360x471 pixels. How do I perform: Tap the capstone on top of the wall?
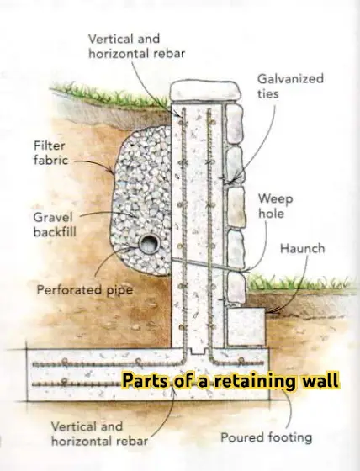pyautogui.click(x=205, y=93)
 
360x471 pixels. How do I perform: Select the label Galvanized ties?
pyautogui.click(x=290, y=86)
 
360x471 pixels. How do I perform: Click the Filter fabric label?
pyautogui.click(x=50, y=153)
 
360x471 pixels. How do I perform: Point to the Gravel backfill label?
pyautogui.click(x=55, y=225)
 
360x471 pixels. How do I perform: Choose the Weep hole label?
pyautogui.click(x=275, y=206)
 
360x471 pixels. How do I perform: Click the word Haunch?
pyautogui.click(x=302, y=249)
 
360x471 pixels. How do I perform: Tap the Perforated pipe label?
pyautogui.click(x=85, y=290)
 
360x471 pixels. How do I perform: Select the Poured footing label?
pyautogui.click(x=267, y=437)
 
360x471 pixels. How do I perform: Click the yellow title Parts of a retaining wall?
pyautogui.click(x=230, y=380)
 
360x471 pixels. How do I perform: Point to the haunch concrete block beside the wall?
pyautogui.click(x=246, y=326)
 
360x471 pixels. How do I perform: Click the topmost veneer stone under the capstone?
pyautogui.click(x=235, y=124)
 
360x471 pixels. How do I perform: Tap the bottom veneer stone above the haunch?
pyautogui.click(x=236, y=288)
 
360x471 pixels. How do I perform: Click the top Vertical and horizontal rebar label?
pyautogui.click(x=136, y=46)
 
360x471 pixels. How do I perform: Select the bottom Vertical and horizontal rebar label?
pyautogui.click(x=99, y=434)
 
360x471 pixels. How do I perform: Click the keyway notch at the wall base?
pyautogui.click(x=198, y=350)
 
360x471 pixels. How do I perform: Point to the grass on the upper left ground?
pyautogui.click(x=109, y=93)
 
